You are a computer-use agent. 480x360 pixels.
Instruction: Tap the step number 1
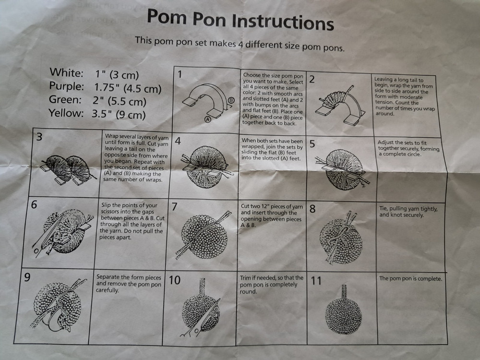(180, 74)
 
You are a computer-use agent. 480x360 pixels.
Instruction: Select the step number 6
(34, 204)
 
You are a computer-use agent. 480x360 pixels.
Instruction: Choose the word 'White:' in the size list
(66, 73)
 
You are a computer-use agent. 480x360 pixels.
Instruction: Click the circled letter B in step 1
(231, 100)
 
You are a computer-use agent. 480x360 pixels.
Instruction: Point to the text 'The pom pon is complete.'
(410, 278)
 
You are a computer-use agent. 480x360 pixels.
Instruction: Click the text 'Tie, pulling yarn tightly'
(408, 209)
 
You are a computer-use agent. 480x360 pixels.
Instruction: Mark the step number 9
(27, 278)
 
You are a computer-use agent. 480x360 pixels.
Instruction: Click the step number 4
(178, 141)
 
